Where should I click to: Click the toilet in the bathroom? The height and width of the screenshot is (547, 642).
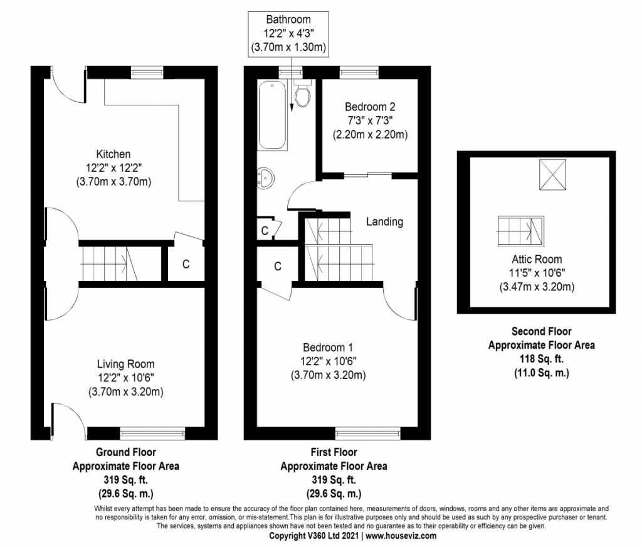pyautogui.click(x=303, y=93)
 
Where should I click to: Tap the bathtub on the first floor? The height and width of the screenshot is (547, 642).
pyautogui.click(x=272, y=115)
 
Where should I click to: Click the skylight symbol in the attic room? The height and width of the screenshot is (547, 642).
pyautogui.click(x=552, y=174)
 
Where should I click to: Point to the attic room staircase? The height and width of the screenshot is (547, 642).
pyautogui.click(x=520, y=231)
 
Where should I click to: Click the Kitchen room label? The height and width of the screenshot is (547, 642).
pyautogui.click(x=113, y=154)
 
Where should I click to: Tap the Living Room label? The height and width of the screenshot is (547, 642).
pyautogui.click(x=125, y=364)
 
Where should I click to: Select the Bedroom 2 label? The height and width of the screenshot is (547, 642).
pyautogui.click(x=370, y=107)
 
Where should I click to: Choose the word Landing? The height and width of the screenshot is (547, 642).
pyautogui.click(x=384, y=221)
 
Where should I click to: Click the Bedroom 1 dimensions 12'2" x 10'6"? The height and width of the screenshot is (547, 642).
pyautogui.click(x=329, y=361)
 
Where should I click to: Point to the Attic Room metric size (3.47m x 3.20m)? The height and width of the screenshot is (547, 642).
pyautogui.click(x=537, y=287)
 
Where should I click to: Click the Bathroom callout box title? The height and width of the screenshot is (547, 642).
pyautogui.click(x=288, y=19)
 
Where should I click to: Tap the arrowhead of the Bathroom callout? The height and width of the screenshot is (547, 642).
pyautogui.click(x=292, y=108)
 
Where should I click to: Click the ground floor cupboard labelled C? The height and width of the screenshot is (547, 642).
pyautogui.click(x=186, y=263)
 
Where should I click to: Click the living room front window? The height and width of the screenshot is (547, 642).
pyautogui.click(x=152, y=433)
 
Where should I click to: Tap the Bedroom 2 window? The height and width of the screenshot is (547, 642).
pyautogui.click(x=359, y=72)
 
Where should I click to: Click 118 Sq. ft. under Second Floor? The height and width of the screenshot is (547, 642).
pyautogui.click(x=541, y=359)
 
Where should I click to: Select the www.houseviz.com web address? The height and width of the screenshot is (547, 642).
pyautogui.click(x=401, y=536)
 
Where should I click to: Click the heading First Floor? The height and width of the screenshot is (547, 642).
pyautogui.click(x=334, y=452)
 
